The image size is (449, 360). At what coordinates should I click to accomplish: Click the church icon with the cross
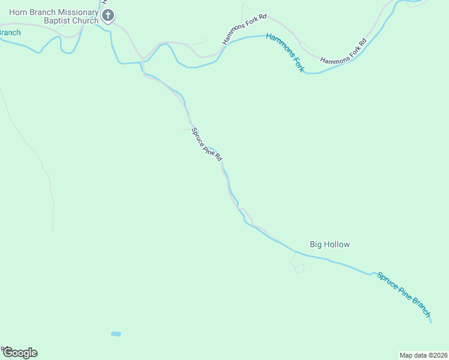(x=108, y=16)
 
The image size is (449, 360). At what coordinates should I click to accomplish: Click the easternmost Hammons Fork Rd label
(x=343, y=52)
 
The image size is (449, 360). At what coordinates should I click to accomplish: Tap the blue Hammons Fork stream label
(x=285, y=53)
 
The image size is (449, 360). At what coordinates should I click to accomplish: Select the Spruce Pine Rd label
(x=206, y=144)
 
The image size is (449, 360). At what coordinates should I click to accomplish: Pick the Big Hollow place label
(x=330, y=244)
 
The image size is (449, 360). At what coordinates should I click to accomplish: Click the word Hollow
(x=337, y=244)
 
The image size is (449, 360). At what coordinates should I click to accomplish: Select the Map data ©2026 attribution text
(x=423, y=355)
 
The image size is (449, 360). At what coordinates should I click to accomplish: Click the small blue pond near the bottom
(x=116, y=334)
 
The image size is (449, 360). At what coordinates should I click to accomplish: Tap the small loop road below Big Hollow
(x=298, y=268)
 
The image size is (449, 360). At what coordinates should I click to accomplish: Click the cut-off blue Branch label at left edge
(x=10, y=32)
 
